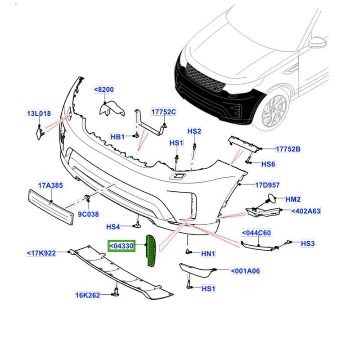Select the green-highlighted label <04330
pos(121,246)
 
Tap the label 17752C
pos(163,112)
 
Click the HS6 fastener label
pos(268,164)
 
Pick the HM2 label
pos(292,199)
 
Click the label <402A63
pos(306,211)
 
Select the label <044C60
pos(256,233)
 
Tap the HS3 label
pos(308,243)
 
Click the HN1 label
pos(208,254)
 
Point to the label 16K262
pos(87,295)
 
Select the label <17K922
pos(41,253)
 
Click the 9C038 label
pos(88,215)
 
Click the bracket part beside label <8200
pos(111,108)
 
